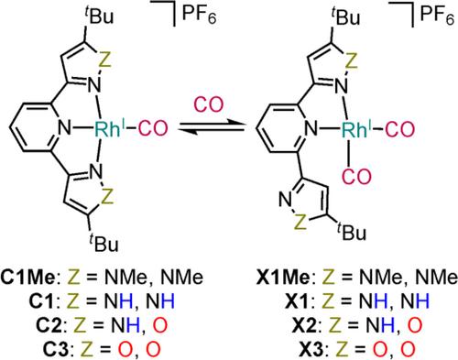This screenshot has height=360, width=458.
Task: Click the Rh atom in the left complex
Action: [x=107, y=128]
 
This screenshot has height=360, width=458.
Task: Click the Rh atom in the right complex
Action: [x=354, y=128]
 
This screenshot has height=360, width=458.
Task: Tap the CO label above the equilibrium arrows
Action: [x=210, y=104]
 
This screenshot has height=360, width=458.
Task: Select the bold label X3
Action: [x=308, y=349]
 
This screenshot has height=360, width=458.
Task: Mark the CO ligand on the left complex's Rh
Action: [x=153, y=128]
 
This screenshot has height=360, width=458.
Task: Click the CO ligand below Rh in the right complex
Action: [x=356, y=177]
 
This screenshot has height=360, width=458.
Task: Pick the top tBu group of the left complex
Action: [x=99, y=16]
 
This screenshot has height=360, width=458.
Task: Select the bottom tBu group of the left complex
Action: [x=104, y=243]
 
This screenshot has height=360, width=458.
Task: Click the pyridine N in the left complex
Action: [x=64, y=128]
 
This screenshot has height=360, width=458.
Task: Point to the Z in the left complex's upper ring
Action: [x=104, y=60]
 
